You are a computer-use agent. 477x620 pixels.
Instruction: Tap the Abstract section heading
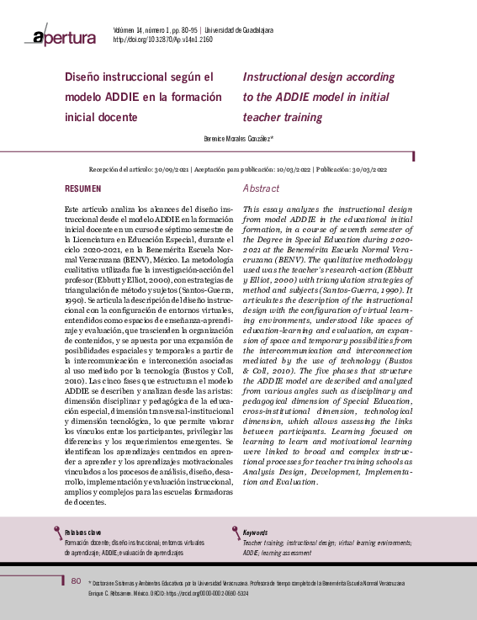coord(261,189)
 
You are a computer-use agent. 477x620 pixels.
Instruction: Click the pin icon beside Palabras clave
coord(58,532)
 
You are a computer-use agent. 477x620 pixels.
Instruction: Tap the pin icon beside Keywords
coord(236,532)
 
